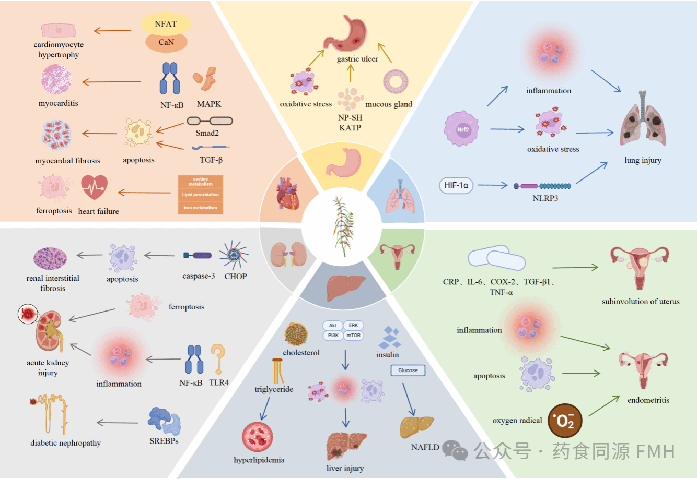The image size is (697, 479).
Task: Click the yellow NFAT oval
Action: pos(166,24)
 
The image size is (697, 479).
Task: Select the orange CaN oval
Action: pos(166,42)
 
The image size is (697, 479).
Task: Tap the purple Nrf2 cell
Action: pos(461,129)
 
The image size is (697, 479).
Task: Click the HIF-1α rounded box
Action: pos(456,185)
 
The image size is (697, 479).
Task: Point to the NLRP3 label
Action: pos(545,198)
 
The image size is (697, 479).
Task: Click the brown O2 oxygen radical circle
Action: pos(565,421)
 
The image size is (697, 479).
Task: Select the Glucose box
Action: pos(408,370)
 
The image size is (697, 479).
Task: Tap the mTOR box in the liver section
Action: pos(353,336)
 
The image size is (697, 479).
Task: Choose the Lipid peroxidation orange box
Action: pos(200,195)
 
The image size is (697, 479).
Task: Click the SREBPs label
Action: pos(164,441)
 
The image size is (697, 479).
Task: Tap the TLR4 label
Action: pos(218,382)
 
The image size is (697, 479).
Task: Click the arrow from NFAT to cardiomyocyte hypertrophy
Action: pos(112,30)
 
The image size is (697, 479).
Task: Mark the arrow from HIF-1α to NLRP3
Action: pos(492,185)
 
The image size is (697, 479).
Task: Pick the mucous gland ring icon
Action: pos(395,81)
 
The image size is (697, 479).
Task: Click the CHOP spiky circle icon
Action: pos(234,255)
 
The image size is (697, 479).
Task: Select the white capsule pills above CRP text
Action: pos(496,258)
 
